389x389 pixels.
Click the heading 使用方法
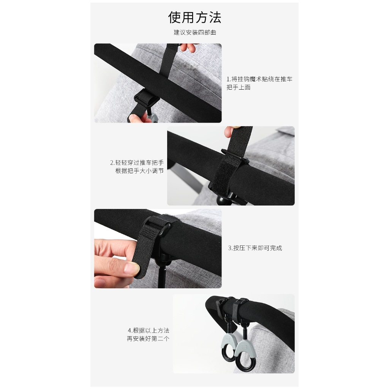click(x=194, y=17)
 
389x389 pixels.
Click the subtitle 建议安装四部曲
click(x=195, y=32)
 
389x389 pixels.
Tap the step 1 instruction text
click(x=259, y=83)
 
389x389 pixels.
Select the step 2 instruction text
click(x=137, y=167)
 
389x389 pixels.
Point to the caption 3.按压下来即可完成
click(x=255, y=248)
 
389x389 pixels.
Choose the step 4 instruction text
click(x=149, y=334)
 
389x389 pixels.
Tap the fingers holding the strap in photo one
click(x=188, y=47)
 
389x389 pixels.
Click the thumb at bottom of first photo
click(x=137, y=119)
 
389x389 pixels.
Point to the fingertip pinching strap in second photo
click(x=230, y=131)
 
